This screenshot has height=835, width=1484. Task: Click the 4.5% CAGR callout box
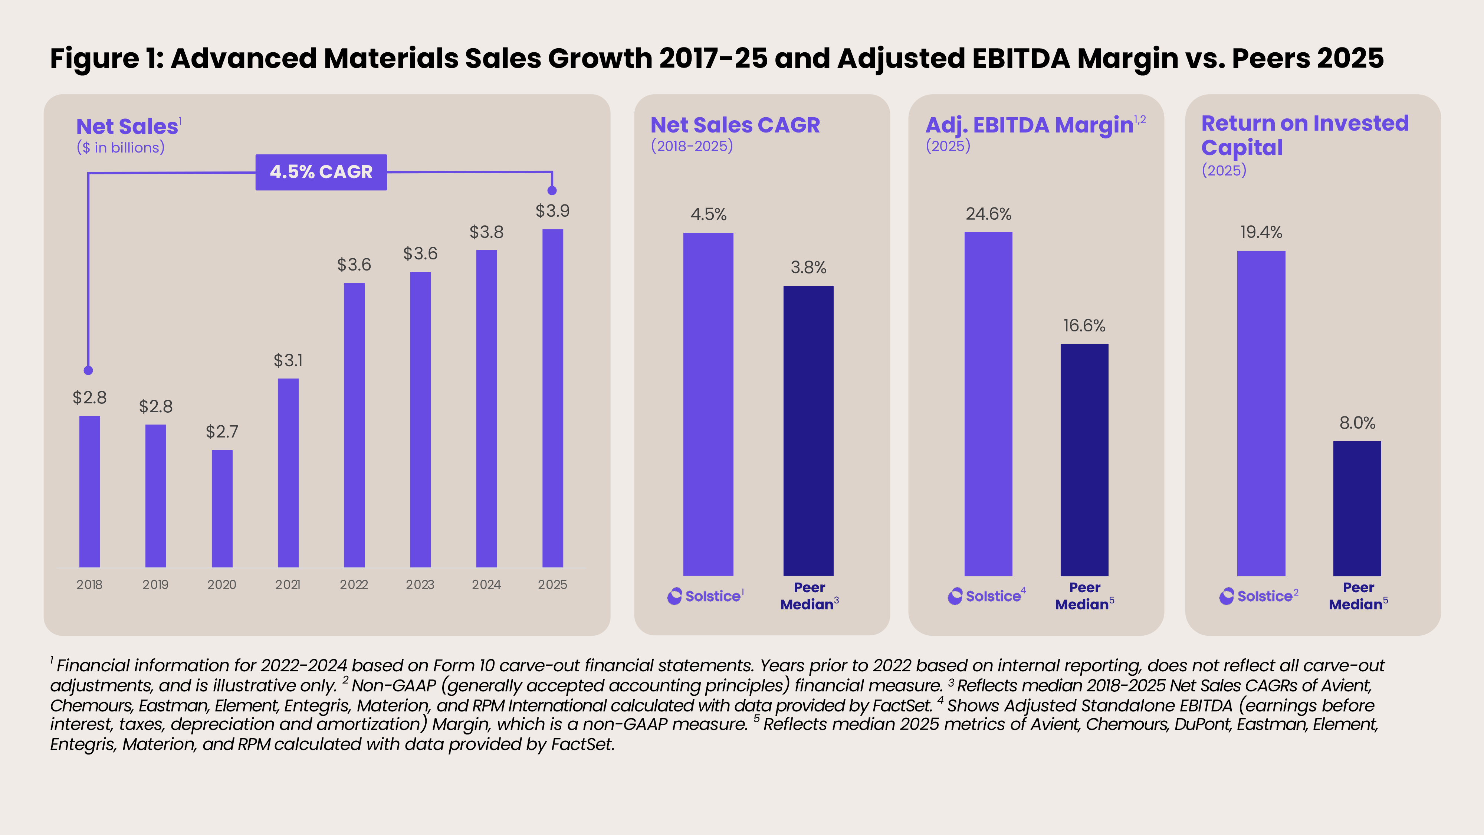[321, 172]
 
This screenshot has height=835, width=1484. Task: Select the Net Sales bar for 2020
[222, 508]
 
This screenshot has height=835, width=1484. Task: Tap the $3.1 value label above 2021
[288, 360]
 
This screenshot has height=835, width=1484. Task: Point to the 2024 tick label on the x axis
[486, 584]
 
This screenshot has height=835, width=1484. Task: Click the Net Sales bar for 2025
[552, 397]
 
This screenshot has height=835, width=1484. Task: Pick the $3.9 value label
[552, 211]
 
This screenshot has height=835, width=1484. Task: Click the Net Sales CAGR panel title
[735, 125]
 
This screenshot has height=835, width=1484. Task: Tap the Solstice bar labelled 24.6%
[988, 403]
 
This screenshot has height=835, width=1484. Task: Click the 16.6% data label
[1084, 325]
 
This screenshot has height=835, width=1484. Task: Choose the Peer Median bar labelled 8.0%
[1357, 508]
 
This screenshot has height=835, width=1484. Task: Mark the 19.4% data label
[1261, 232]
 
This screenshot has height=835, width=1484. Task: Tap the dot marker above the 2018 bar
[88, 370]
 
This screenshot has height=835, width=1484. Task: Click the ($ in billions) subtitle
[121, 148]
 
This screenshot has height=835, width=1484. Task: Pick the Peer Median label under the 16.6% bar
[1084, 596]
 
